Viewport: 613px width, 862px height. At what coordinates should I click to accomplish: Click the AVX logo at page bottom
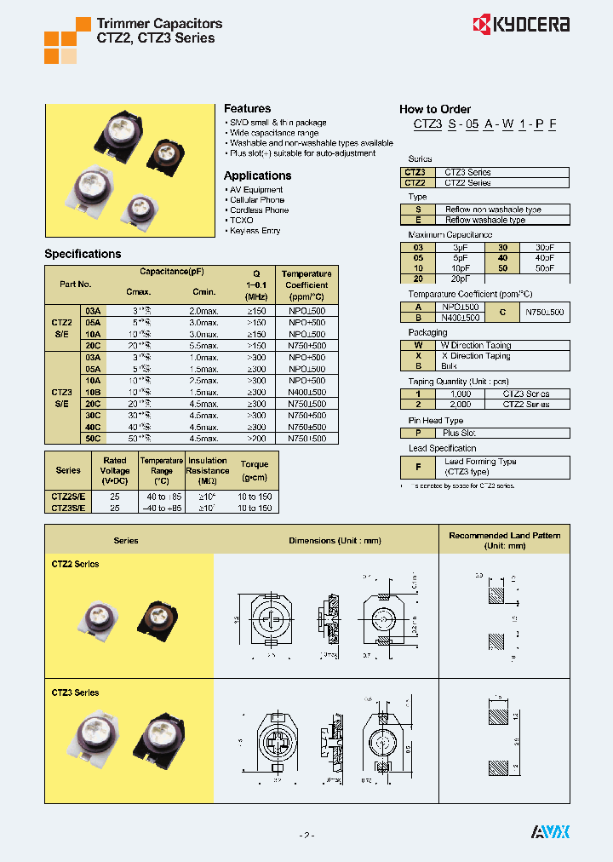550,831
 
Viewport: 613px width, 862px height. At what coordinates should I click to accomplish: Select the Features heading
247,109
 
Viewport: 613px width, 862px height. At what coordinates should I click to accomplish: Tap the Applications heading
257,175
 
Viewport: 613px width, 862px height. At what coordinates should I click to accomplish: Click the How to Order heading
434,109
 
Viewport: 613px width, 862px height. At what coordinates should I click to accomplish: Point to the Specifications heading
83,254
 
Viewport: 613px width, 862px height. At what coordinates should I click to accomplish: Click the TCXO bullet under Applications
241,221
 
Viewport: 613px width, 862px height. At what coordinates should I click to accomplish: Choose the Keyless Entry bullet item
255,231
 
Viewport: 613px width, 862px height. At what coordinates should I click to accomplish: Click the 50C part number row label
92,438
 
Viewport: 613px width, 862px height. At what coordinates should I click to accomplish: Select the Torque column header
255,465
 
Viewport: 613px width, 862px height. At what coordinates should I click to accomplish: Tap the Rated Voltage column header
115,470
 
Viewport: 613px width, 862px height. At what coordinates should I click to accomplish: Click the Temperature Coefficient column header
306,284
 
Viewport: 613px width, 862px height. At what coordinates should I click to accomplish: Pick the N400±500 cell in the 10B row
306,392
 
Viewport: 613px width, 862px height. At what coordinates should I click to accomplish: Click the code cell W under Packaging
418,345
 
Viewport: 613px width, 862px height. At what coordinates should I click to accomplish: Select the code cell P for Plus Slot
418,434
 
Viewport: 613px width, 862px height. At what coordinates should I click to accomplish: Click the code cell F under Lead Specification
418,466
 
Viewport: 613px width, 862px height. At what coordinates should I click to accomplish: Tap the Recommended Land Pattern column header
505,540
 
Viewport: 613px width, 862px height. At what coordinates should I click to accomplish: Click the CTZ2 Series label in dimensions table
76,565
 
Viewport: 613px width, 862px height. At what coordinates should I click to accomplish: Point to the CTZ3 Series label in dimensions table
76,692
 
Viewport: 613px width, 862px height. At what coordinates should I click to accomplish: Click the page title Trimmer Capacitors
159,24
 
